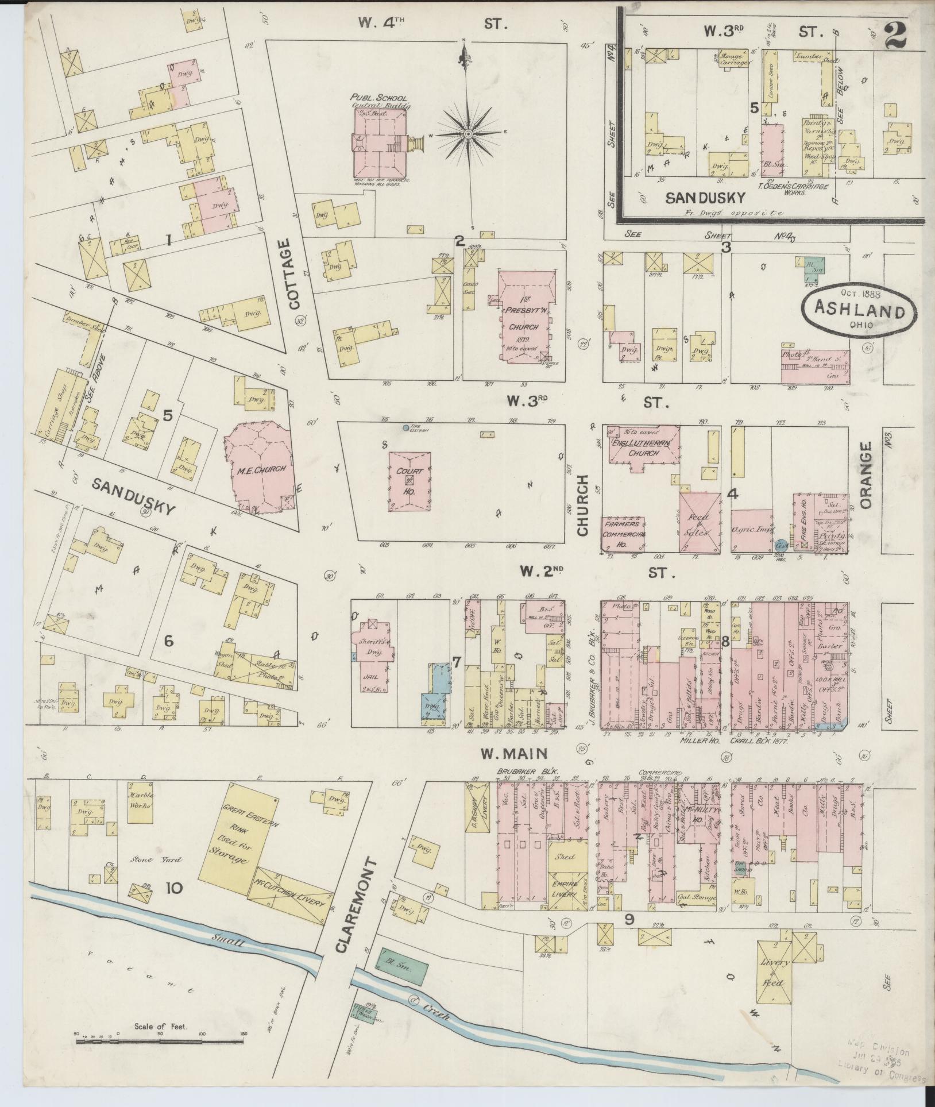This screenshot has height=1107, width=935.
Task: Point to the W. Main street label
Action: pyautogui.click(x=513, y=753)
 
